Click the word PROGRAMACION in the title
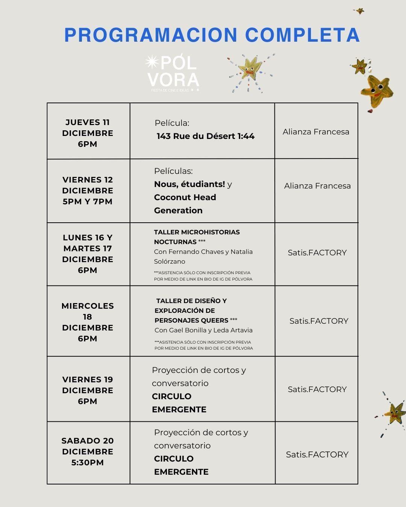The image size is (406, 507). (151, 35)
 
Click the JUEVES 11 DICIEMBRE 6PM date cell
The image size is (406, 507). (88, 133)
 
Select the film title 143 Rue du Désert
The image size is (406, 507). (195, 136)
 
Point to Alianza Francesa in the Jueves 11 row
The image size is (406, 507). (316, 132)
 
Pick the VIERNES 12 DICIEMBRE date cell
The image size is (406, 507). (88, 190)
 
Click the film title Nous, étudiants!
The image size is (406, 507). (189, 184)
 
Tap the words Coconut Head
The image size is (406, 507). (185, 197)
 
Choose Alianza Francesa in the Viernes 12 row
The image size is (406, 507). (317, 186)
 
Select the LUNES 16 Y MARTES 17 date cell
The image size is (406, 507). (88, 254)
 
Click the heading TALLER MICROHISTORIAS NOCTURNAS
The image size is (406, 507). (197, 237)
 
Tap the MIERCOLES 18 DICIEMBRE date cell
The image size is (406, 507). (88, 322)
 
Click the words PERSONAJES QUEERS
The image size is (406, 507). (191, 320)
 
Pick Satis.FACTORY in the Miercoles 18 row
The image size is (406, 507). (319, 321)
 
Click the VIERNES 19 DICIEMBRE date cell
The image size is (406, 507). (88, 390)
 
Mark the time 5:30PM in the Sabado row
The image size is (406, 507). (88, 463)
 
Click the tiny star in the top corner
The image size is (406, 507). (360, 11)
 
